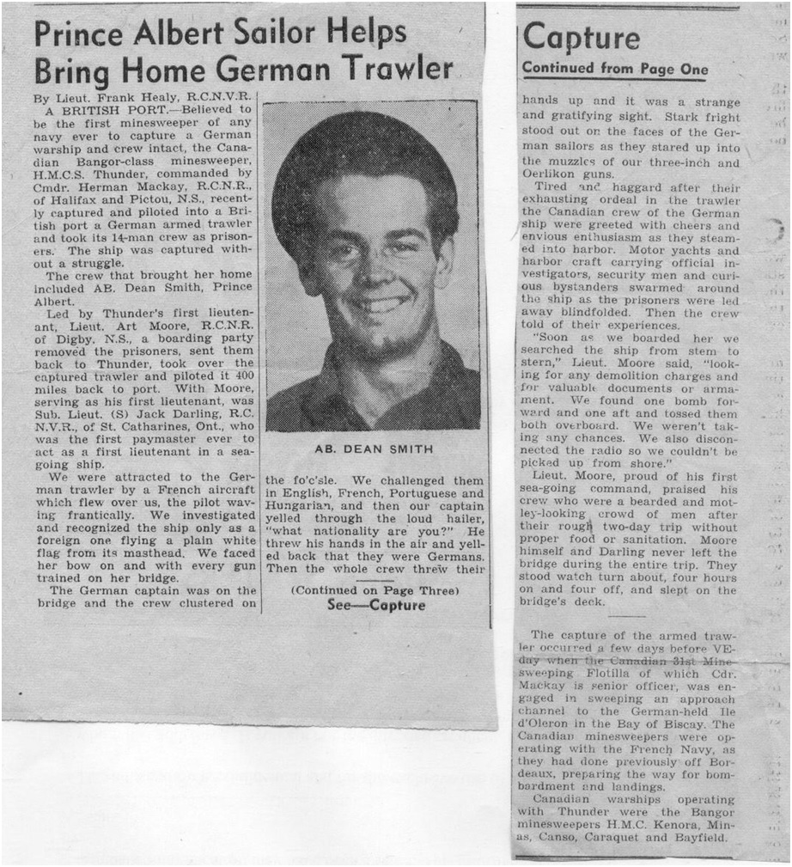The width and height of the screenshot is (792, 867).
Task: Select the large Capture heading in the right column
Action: click(x=582, y=37)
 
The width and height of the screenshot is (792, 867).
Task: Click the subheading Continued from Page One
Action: click(x=615, y=69)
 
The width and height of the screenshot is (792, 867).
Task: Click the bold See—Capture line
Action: click(x=376, y=605)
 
